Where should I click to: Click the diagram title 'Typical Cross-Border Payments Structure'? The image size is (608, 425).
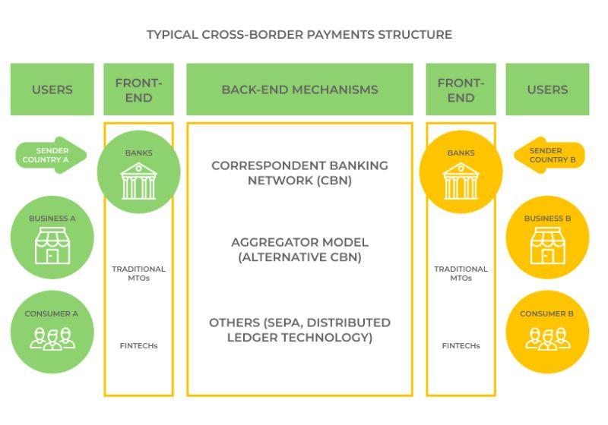tap(299, 35)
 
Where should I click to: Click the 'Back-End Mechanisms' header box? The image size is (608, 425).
tap(299, 90)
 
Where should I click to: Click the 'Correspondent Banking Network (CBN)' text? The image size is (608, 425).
tap(299, 173)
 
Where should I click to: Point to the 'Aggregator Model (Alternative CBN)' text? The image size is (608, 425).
tap(299, 250)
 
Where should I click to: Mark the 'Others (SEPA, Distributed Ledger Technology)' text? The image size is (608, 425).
tap(299, 330)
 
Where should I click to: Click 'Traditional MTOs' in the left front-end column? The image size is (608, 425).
tap(138, 273)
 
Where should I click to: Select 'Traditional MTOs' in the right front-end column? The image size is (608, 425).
tap(461, 273)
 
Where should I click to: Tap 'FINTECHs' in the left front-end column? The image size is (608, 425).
tap(138, 346)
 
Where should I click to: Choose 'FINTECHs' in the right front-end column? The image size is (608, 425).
tap(461, 346)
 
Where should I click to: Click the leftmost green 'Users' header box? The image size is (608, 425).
tap(52, 90)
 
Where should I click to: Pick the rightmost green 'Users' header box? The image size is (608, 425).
tap(547, 90)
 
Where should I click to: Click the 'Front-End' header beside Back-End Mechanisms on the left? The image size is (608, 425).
tap(138, 90)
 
